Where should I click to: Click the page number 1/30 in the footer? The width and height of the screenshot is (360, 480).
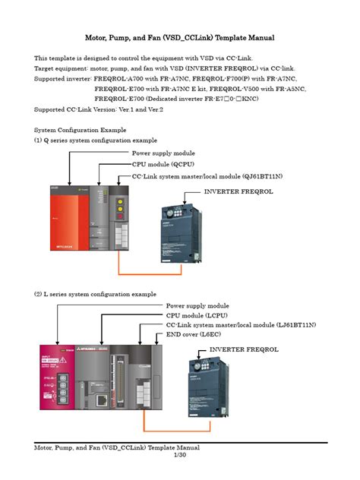(180, 455)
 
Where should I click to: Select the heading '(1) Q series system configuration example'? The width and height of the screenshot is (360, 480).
(96, 141)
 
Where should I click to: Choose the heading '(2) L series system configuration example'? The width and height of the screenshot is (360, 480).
(95, 293)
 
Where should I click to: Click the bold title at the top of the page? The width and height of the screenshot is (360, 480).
(180, 37)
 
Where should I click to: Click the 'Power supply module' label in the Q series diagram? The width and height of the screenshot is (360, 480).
(163, 153)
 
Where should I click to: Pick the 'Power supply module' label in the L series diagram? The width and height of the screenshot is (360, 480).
(197, 305)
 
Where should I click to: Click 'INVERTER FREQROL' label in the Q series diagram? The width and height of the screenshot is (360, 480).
(238, 191)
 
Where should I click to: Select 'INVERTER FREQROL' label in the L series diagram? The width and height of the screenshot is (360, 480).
(244, 349)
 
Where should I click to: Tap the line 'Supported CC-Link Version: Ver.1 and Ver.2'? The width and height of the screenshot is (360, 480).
(99, 109)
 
